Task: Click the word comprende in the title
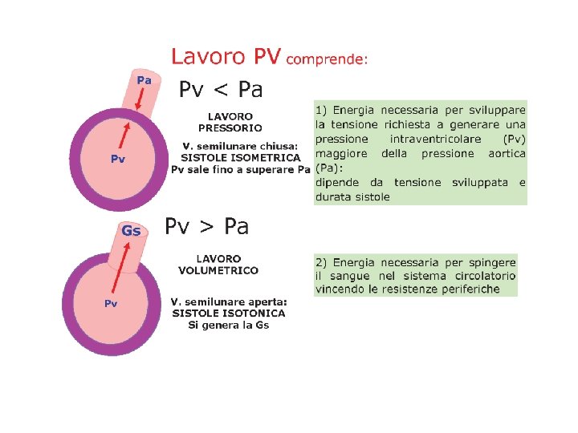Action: coord(325,59)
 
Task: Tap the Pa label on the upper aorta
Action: coord(144,79)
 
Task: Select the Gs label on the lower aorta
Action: coord(131,231)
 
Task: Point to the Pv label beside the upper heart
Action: coord(117,159)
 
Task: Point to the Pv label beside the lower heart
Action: coord(112,303)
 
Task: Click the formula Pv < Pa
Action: coord(221,87)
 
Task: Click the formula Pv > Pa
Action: coord(207,227)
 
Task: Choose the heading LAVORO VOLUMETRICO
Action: coord(218,265)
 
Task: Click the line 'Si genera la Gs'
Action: coord(229,325)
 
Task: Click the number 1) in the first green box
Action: coord(320,110)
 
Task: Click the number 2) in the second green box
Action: coord(321,262)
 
